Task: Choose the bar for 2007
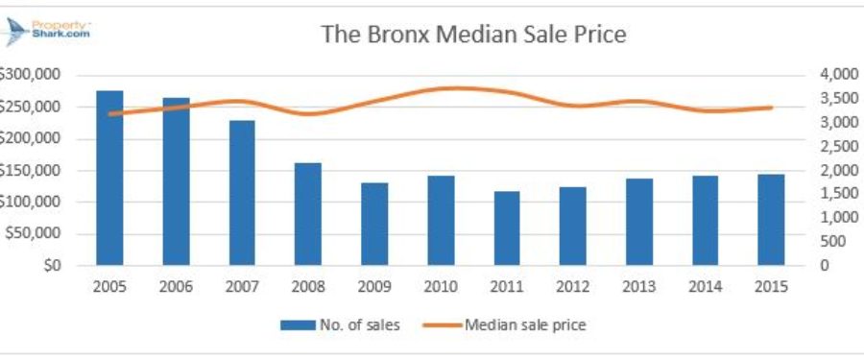point(242,192)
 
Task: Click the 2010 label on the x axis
point(440,286)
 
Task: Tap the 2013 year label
point(638,286)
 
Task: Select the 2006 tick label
point(176,286)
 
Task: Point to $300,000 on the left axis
point(31,74)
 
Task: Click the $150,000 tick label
point(31,170)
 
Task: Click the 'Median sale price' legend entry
point(509,324)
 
